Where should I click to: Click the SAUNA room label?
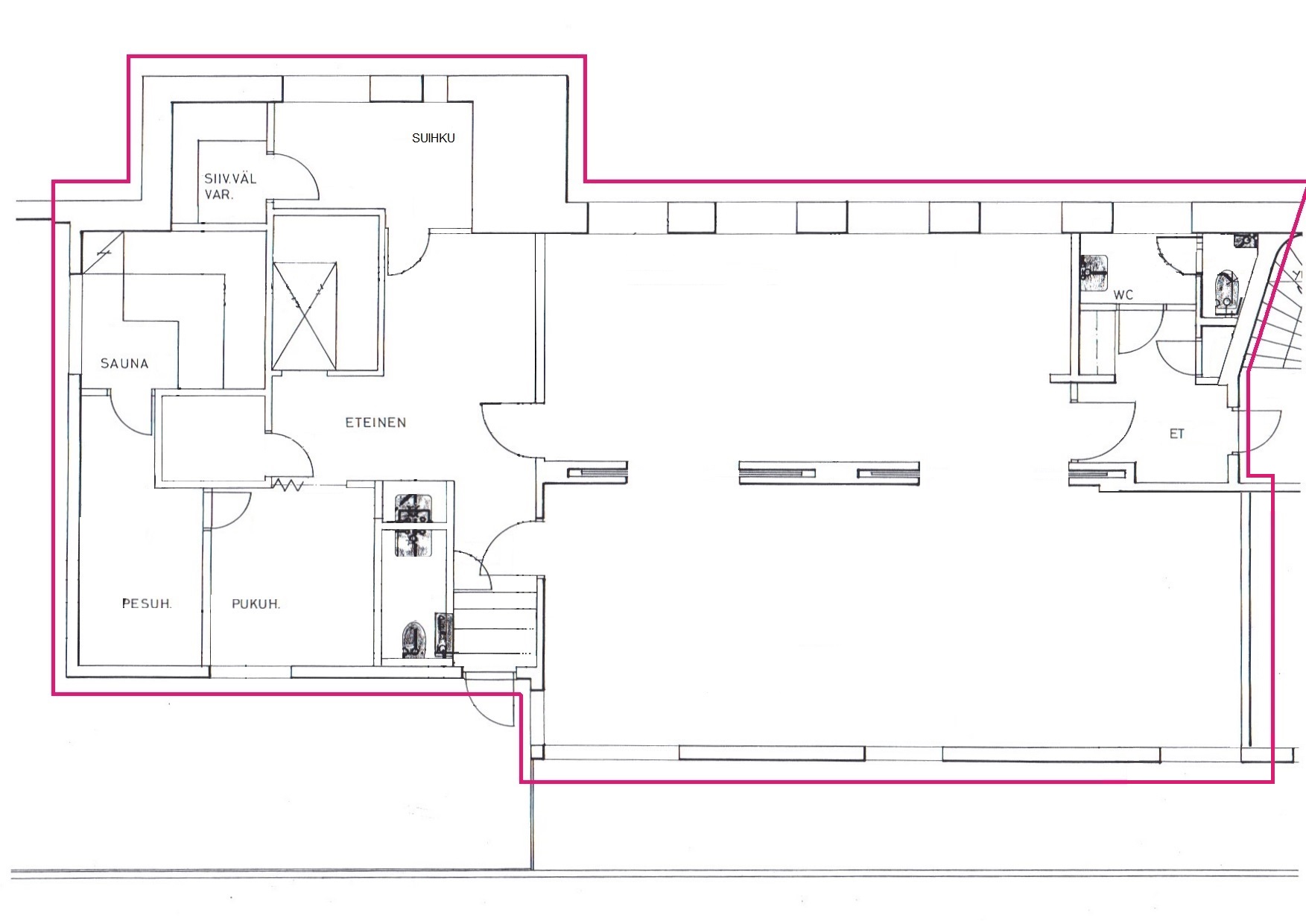(124, 364)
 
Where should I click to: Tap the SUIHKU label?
(433, 138)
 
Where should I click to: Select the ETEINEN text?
(375, 423)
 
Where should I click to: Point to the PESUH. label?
(147, 604)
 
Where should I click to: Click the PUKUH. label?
(256, 604)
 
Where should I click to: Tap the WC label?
(1123, 295)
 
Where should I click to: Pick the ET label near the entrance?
(1177, 434)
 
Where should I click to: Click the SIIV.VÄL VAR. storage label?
(230, 186)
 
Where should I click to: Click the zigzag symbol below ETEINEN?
(288, 486)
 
